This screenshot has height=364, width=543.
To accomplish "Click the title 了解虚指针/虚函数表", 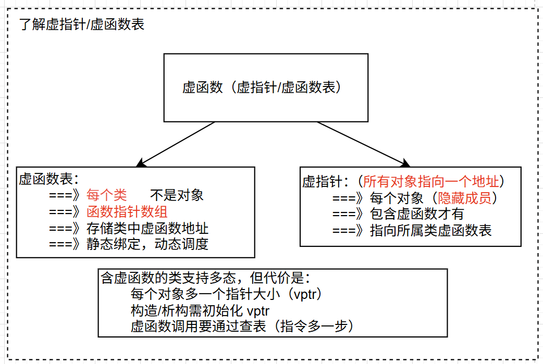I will [x=81, y=24].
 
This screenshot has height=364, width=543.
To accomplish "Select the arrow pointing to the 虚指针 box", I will [x=362, y=145].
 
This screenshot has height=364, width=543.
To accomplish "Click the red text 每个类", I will [x=106, y=196].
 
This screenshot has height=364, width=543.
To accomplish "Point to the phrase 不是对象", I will [x=177, y=196].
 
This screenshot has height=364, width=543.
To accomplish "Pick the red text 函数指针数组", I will [x=127, y=212].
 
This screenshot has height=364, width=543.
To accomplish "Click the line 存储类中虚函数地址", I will [x=147, y=228].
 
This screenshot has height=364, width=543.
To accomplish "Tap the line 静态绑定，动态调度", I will [x=147, y=244].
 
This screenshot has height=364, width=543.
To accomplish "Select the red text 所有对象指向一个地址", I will [x=433, y=182].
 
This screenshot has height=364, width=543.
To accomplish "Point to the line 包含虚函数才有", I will [x=416, y=214].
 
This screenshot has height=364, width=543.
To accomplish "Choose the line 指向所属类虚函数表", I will [x=430, y=230].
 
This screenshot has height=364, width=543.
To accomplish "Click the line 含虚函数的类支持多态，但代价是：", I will [x=206, y=277].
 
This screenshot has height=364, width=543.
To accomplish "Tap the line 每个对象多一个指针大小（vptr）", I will [x=228, y=294].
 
